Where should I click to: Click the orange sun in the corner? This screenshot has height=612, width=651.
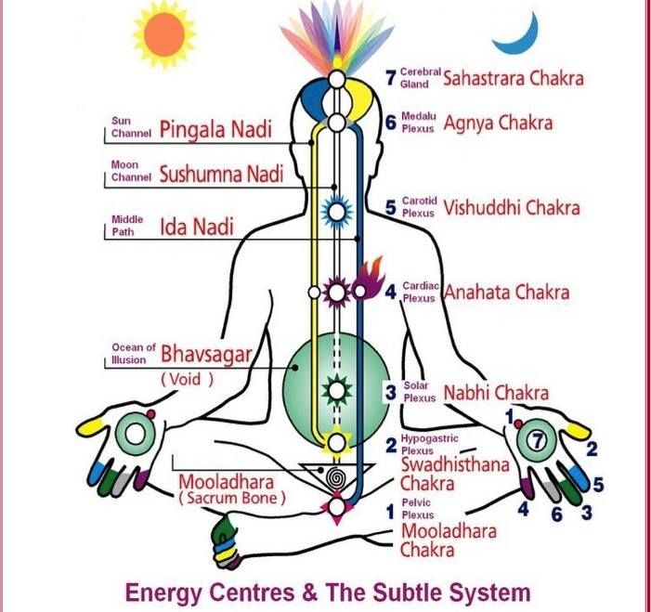pyautogui.click(x=164, y=34)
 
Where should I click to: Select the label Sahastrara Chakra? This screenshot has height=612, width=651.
pyautogui.click(x=514, y=78)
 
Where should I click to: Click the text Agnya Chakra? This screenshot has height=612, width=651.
pyautogui.click(x=498, y=124)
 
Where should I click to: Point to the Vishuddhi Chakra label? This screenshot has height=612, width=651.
pyautogui.click(x=512, y=208)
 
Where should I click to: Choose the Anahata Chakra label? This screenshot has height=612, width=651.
pyautogui.click(x=506, y=292)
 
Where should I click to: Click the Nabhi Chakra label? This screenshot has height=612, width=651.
pyautogui.click(x=496, y=392)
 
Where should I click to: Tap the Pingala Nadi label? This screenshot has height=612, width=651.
pyautogui.click(x=215, y=129)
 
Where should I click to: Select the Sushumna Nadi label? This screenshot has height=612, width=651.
pyautogui.click(x=221, y=174)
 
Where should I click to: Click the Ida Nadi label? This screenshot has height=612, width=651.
pyautogui.click(x=197, y=227)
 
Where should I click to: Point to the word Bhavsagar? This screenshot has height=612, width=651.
pyautogui.click(x=206, y=355)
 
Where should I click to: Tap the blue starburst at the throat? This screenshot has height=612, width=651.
pyautogui.click(x=337, y=212)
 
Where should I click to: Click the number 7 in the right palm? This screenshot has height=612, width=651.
pyautogui.click(x=538, y=440)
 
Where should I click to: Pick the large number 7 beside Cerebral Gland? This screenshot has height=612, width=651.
pyautogui.click(x=390, y=78)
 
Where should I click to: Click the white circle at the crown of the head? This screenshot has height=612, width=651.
pyautogui.click(x=337, y=79)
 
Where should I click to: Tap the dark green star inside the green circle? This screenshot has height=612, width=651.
pyautogui.click(x=337, y=390)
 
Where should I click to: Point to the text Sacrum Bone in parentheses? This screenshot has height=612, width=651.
pyautogui.click(x=232, y=498)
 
